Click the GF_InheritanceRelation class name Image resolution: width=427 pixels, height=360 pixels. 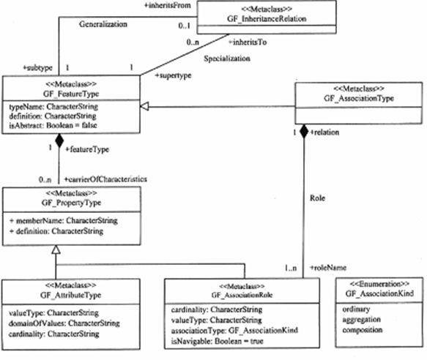(x=267, y=19)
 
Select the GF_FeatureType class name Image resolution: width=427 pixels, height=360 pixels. (x=71, y=94)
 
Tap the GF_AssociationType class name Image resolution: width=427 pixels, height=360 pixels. (x=359, y=98)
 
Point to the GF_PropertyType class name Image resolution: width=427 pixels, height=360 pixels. (x=71, y=203)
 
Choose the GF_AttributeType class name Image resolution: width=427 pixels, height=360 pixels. (x=71, y=295)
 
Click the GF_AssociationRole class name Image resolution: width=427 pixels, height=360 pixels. (x=242, y=295)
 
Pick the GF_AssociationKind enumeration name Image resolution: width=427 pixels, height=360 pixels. (x=379, y=293)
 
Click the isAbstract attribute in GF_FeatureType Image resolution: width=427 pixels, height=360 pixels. (x=53, y=125)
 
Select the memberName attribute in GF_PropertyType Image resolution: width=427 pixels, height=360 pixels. (x=64, y=220)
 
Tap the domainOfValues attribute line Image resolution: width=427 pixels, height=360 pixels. (x=64, y=323)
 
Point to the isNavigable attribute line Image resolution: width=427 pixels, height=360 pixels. (x=217, y=341)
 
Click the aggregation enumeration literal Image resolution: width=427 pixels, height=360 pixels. (x=362, y=320)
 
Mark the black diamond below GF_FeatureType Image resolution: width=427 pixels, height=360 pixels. (x=59, y=140)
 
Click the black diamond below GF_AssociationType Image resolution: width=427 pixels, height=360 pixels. (x=304, y=132)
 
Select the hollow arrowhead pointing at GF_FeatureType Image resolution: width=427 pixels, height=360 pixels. (x=144, y=106)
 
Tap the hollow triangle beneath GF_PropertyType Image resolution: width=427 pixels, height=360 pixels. (x=56, y=250)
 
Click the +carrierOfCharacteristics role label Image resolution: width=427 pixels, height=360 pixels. (x=105, y=179)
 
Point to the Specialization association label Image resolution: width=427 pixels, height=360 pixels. (x=227, y=59)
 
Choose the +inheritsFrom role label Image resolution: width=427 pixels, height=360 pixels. (x=168, y=5)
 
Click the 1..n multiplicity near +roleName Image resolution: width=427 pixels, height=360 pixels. (x=291, y=269)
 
